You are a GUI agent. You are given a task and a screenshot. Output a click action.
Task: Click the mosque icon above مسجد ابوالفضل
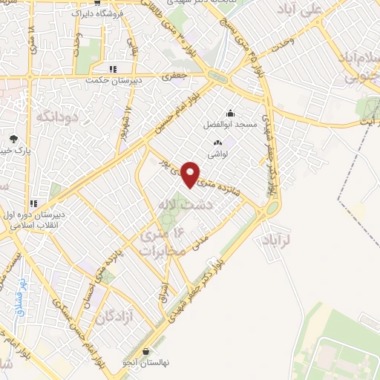[x=230, y=114]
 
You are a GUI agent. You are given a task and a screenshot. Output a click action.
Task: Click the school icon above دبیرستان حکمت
[x=111, y=69]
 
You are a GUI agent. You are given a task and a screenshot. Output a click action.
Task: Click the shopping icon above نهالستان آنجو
[x=146, y=351]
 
